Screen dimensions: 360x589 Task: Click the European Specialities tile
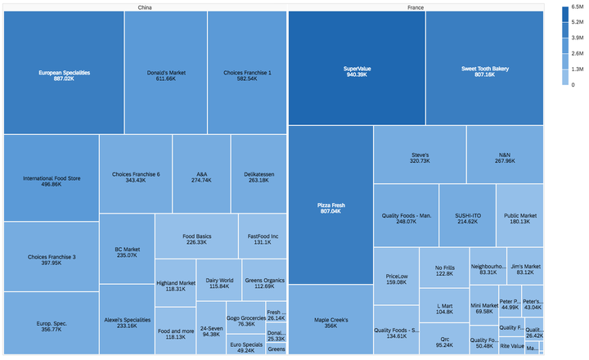pos(63,74)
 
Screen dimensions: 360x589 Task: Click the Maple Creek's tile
pos(330,321)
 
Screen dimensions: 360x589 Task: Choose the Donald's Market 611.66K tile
pos(165,74)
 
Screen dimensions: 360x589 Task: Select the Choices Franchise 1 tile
pos(247,74)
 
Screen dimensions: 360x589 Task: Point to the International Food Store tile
pos(52,180)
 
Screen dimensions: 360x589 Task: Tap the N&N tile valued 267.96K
pos(505,156)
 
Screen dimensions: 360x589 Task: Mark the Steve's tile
pos(420,156)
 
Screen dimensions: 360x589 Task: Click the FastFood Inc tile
pos(262,238)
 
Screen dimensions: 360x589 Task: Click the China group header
pos(144,7)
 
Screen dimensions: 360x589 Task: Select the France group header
pos(415,7)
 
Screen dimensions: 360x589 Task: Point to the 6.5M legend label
pos(578,7)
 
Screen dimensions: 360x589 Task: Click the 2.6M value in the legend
pos(578,53)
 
